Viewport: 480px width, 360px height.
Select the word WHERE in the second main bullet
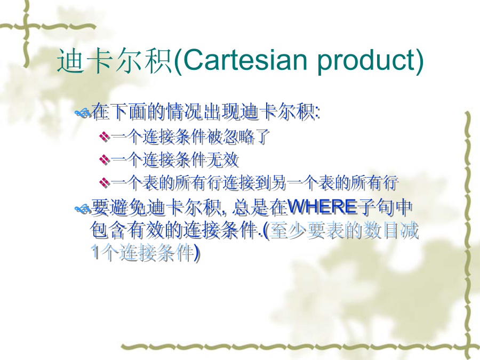tap(322, 207)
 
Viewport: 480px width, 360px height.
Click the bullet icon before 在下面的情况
tap(83, 113)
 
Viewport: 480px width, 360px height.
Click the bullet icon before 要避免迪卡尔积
tap(83, 209)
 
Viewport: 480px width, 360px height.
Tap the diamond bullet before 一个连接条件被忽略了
tap(105, 136)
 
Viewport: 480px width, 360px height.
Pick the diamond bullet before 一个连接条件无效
tap(105, 159)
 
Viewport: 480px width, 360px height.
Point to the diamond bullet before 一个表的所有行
tap(105, 183)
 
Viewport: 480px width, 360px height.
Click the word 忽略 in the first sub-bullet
tap(238, 137)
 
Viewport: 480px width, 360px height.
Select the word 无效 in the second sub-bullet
tap(223, 160)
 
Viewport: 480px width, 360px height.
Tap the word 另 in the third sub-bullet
tap(278, 183)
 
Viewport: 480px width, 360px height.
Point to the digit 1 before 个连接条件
tap(95, 253)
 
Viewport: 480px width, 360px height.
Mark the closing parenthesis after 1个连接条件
tap(197, 253)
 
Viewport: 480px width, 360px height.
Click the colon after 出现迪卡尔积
tap(317, 113)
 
